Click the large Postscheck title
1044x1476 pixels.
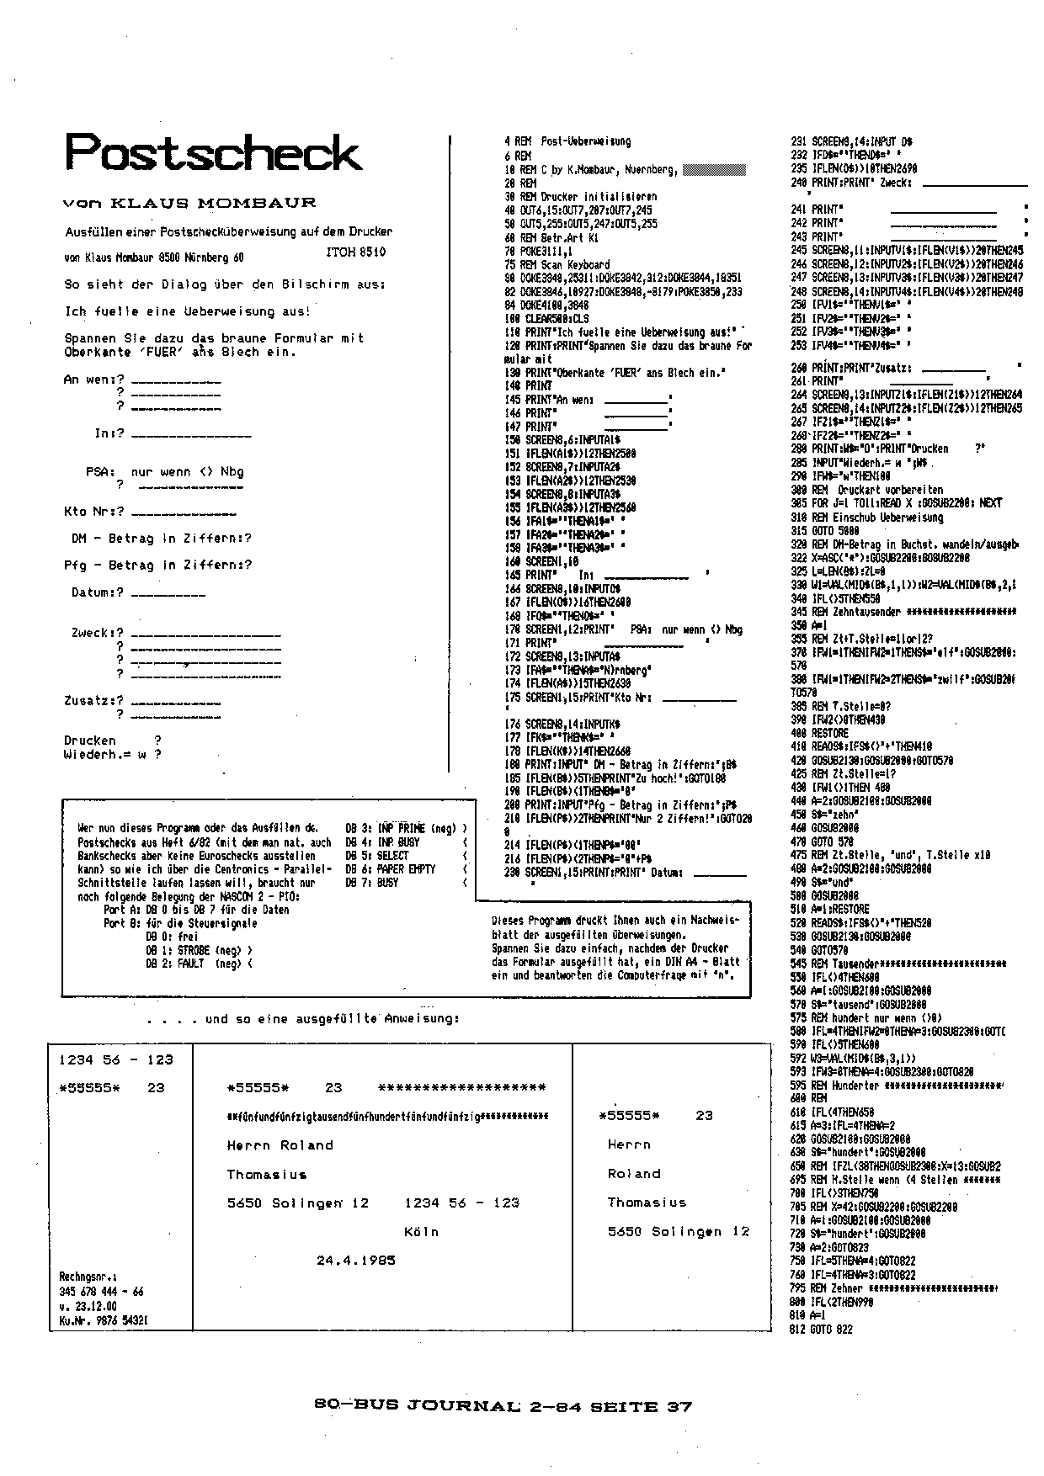coord(214,153)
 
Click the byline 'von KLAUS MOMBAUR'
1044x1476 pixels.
coord(189,203)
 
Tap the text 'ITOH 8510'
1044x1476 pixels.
coord(355,252)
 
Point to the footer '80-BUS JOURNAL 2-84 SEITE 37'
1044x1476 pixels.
coord(502,1405)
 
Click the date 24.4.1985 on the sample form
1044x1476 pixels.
coord(356,1260)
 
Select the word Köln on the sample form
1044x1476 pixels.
coord(421,1231)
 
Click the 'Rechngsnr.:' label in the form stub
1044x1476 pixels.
coord(88,1277)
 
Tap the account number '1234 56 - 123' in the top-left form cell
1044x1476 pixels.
coord(116,1059)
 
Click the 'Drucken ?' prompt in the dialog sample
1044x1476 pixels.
coord(112,741)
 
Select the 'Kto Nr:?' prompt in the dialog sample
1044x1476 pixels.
coord(94,512)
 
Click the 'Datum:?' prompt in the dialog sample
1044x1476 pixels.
coord(98,592)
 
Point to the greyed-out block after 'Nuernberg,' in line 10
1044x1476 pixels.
coord(714,169)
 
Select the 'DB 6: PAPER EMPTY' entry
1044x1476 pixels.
coord(391,869)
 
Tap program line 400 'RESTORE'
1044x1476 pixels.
coord(807,732)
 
